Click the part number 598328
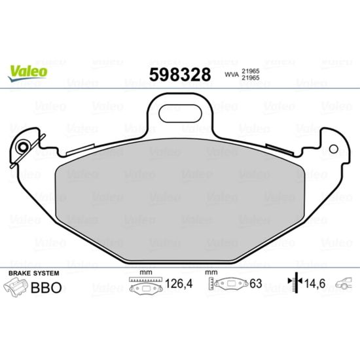(180, 75)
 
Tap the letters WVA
(232, 75)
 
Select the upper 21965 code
(251, 71)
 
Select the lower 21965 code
(251, 78)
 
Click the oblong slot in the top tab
(180, 113)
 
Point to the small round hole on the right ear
(333, 149)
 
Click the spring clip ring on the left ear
(23, 147)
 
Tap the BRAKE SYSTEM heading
(34, 273)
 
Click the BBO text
(46, 287)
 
